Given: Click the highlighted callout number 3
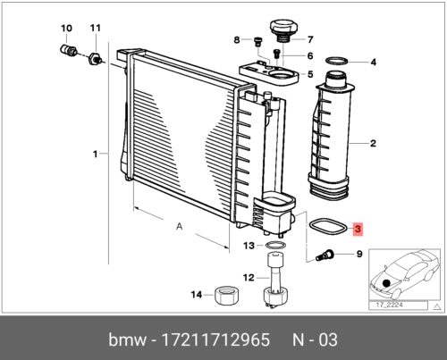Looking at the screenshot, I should click(358, 230).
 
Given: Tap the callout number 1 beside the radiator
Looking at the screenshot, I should click(96, 154).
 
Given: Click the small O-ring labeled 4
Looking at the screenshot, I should click(336, 63).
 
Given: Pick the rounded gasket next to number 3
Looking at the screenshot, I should click(319, 225).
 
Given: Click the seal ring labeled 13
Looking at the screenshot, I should click(278, 245).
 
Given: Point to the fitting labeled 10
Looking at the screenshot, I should click(66, 50).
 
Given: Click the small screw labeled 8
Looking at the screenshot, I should click(254, 39).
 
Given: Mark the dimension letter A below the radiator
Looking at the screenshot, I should click(180, 227).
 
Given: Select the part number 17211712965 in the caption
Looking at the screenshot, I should click(209, 340).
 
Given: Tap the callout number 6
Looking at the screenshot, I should click(309, 56).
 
